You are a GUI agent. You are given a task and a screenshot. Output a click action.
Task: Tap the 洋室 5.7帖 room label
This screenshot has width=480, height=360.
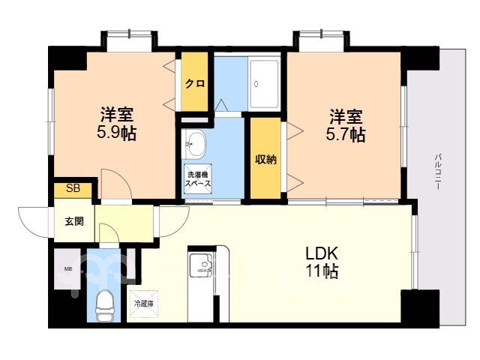tap(346, 125)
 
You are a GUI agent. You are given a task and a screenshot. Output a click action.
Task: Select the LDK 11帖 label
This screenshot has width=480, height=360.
tap(322, 262)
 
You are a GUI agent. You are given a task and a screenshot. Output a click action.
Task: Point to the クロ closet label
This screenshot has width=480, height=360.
tap(195, 83)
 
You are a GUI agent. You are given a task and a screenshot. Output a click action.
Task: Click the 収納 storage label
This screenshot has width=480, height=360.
tap(266, 159)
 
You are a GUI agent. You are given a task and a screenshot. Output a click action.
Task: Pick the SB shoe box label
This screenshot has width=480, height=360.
tap(73, 188)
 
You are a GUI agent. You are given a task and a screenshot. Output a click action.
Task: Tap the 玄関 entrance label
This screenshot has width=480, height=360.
tap(74, 221)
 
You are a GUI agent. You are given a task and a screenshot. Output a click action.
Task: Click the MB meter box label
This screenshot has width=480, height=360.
tap(68, 269)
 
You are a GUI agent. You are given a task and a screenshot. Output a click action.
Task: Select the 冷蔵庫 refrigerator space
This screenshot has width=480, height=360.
tap(143, 304)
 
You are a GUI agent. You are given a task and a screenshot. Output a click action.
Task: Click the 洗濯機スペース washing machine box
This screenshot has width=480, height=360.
tap(198, 179)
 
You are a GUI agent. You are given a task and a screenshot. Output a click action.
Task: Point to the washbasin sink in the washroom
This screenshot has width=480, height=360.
tap(193, 143)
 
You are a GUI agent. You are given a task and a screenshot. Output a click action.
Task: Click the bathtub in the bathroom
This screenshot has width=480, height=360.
tap(264, 84)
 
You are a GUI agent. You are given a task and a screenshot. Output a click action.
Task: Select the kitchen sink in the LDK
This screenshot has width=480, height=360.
tap(202, 263)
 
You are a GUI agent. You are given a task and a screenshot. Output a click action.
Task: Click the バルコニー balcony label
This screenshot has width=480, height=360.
tap(438, 172)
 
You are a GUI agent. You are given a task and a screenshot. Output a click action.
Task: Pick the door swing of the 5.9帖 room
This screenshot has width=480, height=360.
tap(117, 184)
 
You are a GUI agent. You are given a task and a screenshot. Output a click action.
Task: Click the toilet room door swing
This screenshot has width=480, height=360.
tap(109, 234)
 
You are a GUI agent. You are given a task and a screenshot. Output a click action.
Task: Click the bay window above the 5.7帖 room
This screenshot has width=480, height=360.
tap(322, 40)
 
